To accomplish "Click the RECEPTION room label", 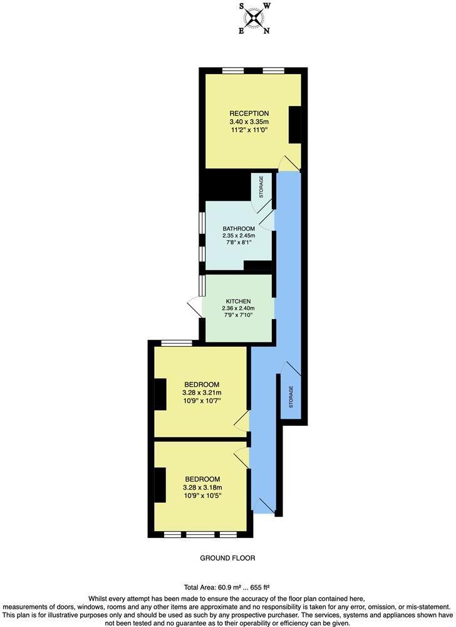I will (x=249, y=113).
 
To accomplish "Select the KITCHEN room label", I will (x=238, y=300).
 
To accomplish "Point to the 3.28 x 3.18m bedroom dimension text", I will (x=202, y=487).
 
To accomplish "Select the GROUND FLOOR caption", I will (x=227, y=558).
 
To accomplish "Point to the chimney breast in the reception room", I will (x=294, y=124).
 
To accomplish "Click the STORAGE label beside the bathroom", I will (x=261, y=187).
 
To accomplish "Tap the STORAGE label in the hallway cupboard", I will (x=291, y=398).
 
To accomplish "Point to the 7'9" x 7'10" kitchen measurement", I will (x=238, y=317).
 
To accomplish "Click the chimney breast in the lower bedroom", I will (x=160, y=486).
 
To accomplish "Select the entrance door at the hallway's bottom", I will (x=264, y=506).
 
